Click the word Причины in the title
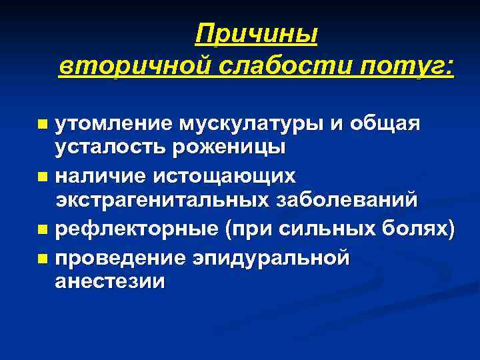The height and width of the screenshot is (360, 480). point(257,33)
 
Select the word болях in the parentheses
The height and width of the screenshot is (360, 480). point(417,230)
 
